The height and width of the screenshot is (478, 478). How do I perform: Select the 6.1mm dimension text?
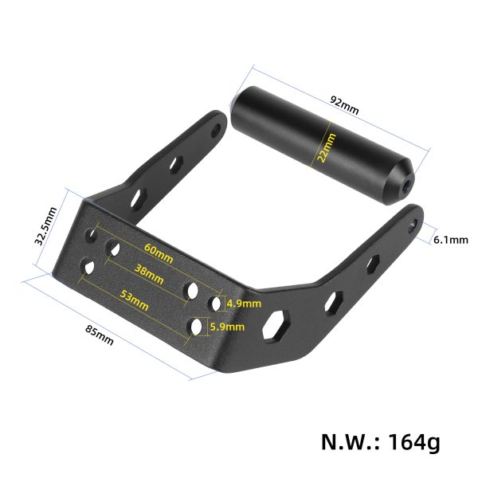point(451,239)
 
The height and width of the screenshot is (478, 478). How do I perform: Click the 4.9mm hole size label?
point(244,304)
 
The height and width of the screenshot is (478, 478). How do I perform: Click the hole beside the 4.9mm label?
point(216,304)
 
